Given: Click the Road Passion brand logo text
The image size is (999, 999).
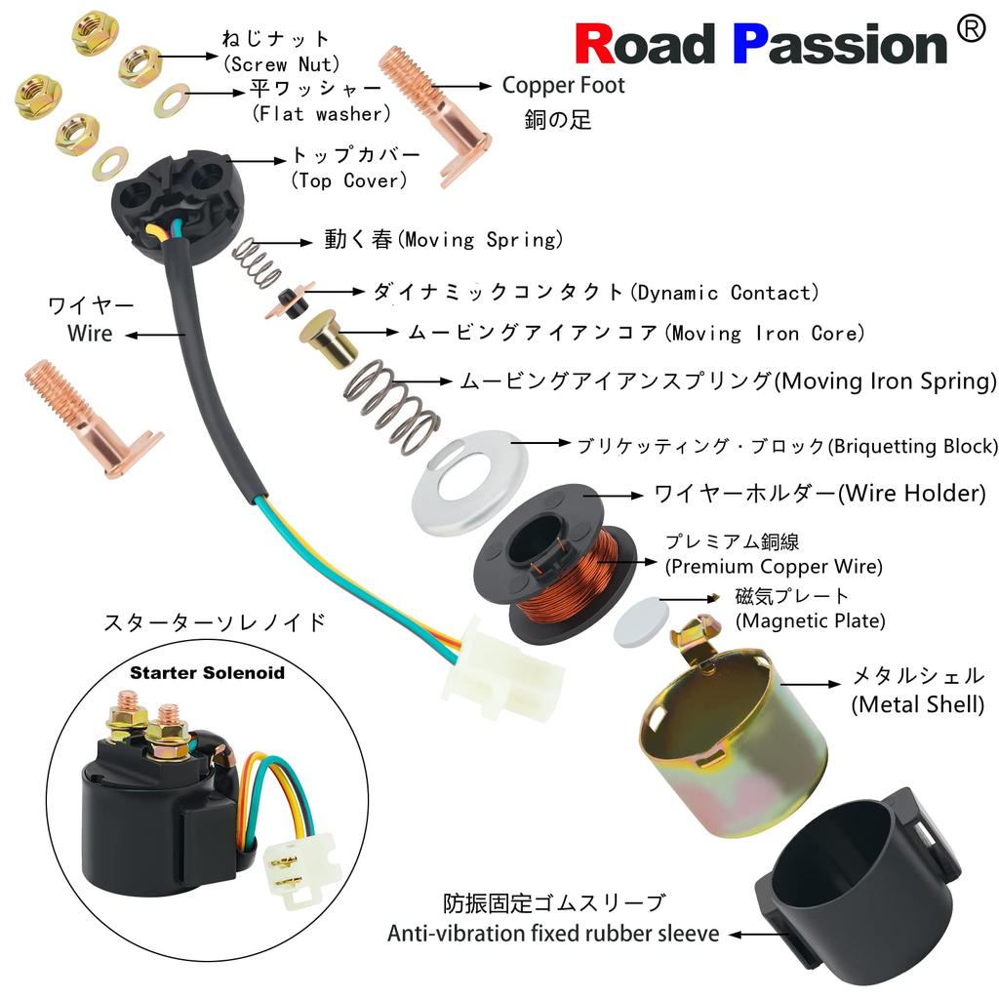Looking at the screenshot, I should click(761, 43).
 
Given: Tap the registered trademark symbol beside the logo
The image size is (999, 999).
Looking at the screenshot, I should click(971, 29).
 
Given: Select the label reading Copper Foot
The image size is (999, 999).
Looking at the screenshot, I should click(563, 86).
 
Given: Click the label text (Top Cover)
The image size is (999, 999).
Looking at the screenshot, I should click(348, 180).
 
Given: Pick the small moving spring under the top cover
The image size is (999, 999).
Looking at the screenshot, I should click(257, 262).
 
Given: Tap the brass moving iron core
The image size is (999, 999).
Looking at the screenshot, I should click(328, 338).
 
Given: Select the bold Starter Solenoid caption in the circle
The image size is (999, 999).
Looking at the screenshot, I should click(207, 673).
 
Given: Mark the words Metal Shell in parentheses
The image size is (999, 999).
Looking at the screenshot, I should click(917, 704).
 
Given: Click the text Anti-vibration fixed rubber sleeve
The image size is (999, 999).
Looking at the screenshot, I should click(553, 934).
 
